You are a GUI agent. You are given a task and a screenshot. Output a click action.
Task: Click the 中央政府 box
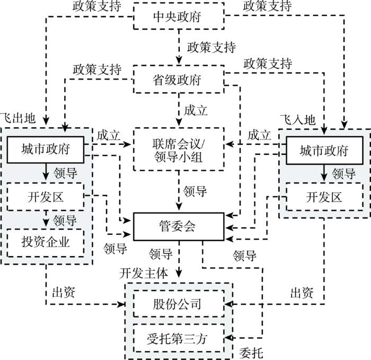pos(179,16)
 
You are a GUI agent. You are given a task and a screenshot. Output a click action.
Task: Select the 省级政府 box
pos(179,80)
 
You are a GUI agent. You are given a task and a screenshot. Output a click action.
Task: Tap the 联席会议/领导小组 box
pos(179,149)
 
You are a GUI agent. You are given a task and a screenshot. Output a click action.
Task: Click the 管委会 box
pos(179,226)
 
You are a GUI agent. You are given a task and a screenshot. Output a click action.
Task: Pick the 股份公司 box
pos(179,304)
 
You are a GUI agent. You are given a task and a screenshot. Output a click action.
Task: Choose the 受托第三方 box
pos(179,338)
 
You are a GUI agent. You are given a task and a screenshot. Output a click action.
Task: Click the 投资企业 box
pos(46,243)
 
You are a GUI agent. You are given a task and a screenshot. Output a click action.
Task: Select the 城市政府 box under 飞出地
pos(46,150)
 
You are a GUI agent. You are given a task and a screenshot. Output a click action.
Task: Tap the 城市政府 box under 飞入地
pos(324,150)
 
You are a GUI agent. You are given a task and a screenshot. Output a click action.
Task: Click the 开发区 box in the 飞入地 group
pos(324,197)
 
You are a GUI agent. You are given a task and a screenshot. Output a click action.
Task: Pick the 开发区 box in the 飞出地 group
pos(46,197)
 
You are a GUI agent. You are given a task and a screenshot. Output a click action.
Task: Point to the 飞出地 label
pos(18,118)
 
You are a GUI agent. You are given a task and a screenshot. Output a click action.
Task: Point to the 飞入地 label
pos(298,119)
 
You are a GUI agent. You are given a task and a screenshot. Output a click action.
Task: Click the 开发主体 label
pos(144,274)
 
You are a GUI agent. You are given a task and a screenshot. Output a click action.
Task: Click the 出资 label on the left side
pos(64,293)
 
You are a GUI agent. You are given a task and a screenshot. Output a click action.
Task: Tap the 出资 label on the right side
pos(302,293)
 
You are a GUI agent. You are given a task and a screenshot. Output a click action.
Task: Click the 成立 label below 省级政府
pos(196,110)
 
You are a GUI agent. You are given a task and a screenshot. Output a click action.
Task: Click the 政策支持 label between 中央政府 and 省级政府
pos(211,47)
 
